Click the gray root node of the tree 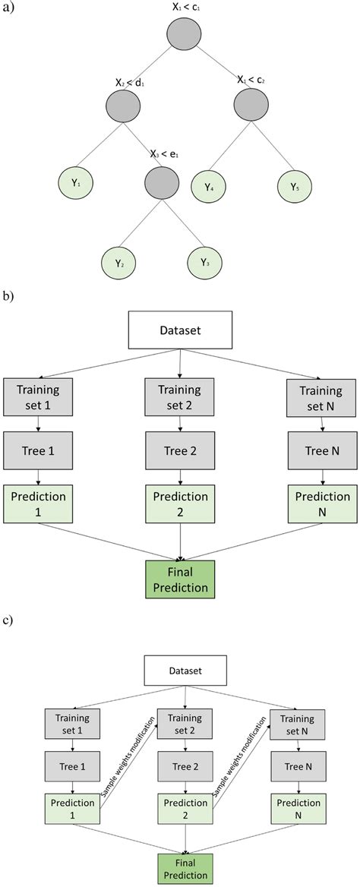coord(182,33)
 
